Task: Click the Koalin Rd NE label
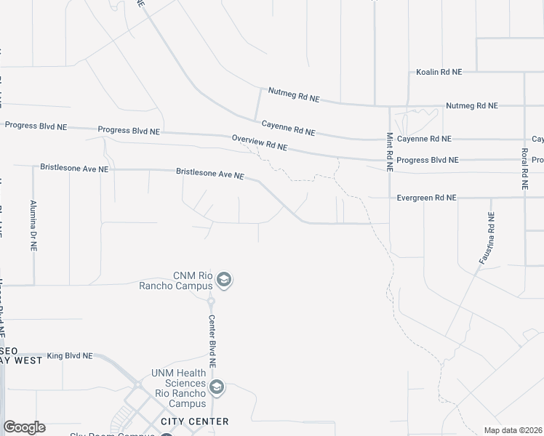pyautogui.click(x=439, y=73)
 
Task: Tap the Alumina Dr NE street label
pyautogui.click(x=33, y=225)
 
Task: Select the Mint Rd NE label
pyautogui.click(x=389, y=151)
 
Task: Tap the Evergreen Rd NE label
pyautogui.click(x=425, y=198)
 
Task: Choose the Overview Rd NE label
pyautogui.click(x=260, y=142)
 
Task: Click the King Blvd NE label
pyautogui.click(x=70, y=356)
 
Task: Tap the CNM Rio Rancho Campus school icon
pyautogui.click(x=224, y=280)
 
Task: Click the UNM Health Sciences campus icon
pyautogui.click(x=215, y=387)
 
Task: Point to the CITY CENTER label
pyautogui.click(x=194, y=421)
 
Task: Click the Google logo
pyautogui.click(x=24, y=427)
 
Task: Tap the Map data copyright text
pyautogui.click(x=513, y=430)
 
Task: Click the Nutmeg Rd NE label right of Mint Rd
pyautogui.click(x=471, y=106)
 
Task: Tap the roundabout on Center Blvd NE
pyautogui.click(x=211, y=300)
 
